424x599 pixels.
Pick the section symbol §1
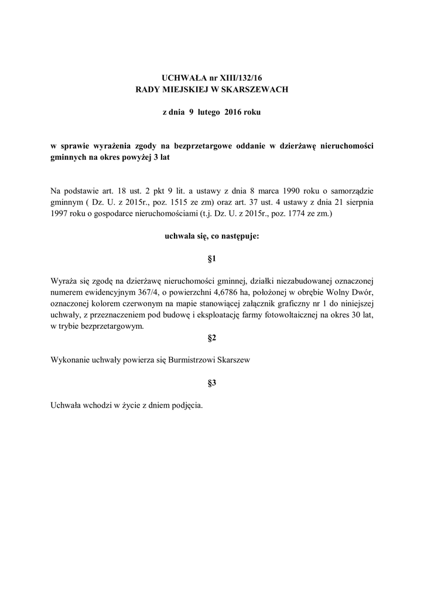(x=212, y=258)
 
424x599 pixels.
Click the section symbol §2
(x=212, y=338)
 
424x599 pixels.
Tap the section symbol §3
(x=212, y=383)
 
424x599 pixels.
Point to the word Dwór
(x=361, y=291)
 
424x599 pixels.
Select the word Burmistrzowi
(x=199, y=361)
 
